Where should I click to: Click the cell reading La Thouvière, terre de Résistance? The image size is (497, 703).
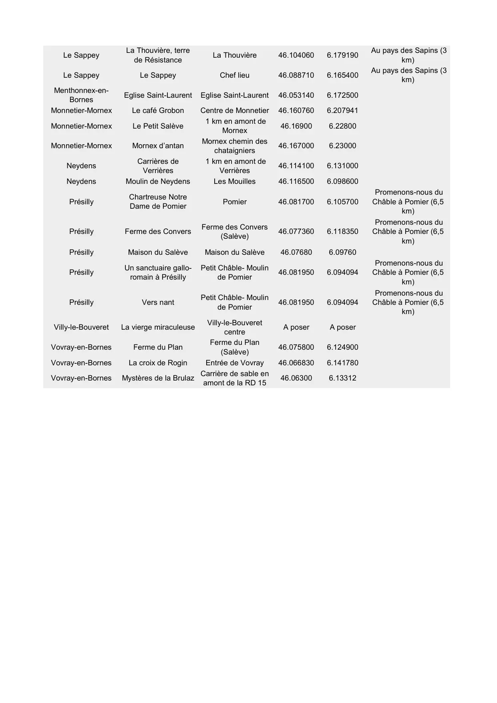pos(158,55)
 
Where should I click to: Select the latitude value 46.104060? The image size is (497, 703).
pos(296,55)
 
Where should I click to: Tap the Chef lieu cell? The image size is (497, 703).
pos(235,75)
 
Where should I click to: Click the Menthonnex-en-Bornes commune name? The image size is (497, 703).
pos(81,95)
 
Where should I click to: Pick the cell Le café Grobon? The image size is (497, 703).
pos(158,111)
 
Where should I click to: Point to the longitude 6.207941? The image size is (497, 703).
pos(342,111)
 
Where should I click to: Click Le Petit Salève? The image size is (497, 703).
pos(158,126)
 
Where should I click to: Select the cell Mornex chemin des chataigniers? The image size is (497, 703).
pos(235,146)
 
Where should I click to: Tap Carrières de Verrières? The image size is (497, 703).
pos(158,166)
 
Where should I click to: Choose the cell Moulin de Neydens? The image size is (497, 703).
pos(158,181)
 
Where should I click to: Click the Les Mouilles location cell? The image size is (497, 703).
pos(235,181)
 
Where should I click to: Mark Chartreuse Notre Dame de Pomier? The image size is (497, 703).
pos(158,201)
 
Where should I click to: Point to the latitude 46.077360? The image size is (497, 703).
pos(296,232)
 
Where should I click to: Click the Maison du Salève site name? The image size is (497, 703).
pos(158,252)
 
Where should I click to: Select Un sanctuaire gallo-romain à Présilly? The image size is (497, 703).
pos(158,272)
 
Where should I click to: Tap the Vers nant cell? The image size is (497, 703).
pos(158,302)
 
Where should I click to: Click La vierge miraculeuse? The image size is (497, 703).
pos(158,327)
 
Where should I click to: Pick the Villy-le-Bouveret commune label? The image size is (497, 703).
pos(81,327)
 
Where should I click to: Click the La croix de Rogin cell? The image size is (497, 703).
pos(158,363)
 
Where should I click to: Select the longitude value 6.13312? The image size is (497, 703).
pos(342,378)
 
